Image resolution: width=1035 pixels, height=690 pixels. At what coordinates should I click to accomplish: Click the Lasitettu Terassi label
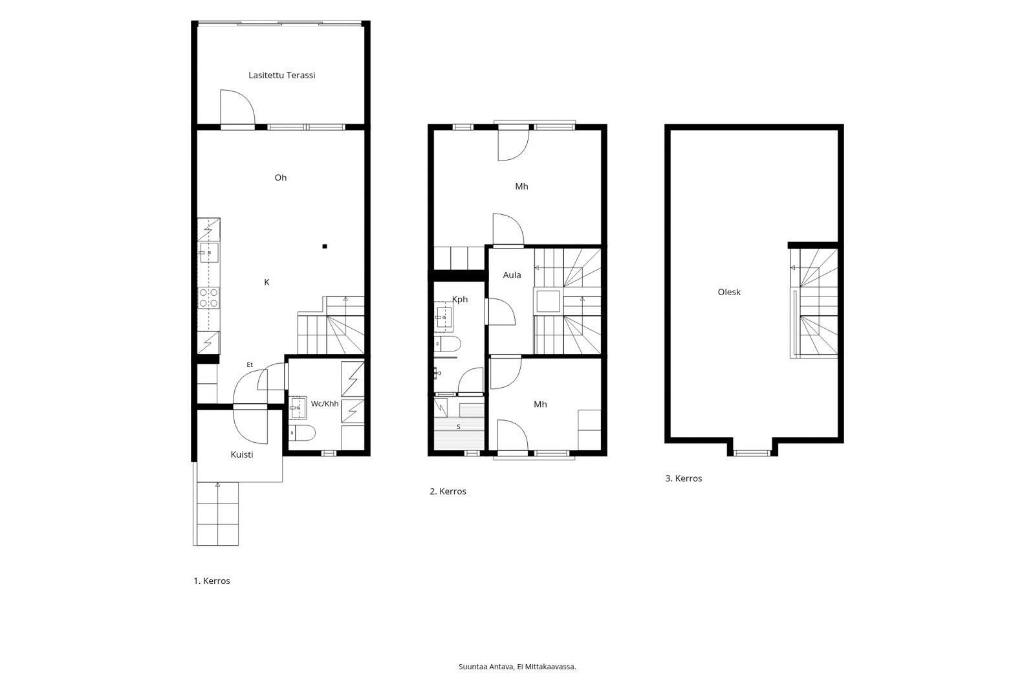(x=281, y=75)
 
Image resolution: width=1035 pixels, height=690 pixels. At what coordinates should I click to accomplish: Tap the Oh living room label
(x=281, y=177)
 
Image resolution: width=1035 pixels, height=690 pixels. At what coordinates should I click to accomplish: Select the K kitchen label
(x=267, y=282)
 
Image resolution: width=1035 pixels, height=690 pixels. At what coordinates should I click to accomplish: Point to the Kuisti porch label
(x=242, y=454)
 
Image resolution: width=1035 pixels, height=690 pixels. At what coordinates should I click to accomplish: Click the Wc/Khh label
(x=324, y=404)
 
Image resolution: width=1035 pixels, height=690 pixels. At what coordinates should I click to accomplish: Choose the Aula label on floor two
(x=512, y=274)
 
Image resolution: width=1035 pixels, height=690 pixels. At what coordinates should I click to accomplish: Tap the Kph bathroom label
(x=460, y=299)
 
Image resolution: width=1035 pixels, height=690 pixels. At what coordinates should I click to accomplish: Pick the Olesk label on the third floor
(x=729, y=292)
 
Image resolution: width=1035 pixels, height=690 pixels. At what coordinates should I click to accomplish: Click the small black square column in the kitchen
(x=325, y=247)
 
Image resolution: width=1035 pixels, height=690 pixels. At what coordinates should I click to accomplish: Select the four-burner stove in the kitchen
(x=209, y=298)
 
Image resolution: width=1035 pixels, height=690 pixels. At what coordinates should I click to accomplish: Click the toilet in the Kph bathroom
(x=447, y=344)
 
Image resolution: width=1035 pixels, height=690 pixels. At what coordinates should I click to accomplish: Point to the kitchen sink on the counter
(x=209, y=252)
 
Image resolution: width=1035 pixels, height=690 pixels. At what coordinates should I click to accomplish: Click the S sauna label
(x=459, y=427)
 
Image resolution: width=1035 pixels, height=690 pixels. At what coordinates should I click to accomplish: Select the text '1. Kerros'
(x=212, y=581)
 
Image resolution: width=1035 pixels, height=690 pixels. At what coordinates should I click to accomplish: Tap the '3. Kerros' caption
(x=683, y=478)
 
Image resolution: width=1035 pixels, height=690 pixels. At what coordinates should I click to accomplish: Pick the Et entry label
(x=250, y=365)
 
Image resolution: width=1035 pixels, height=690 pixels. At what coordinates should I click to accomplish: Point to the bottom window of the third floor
(x=752, y=453)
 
